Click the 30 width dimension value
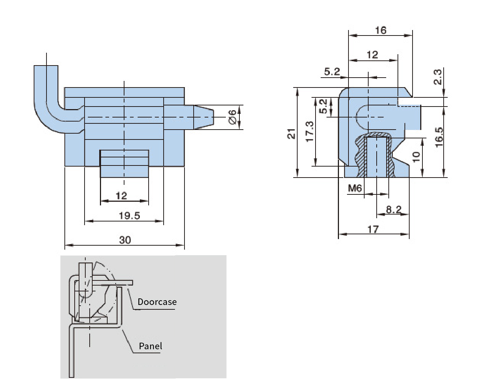click(x=125, y=240)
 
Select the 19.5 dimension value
click(x=129, y=216)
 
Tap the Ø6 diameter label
click(x=232, y=117)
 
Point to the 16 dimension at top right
click(x=381, y=30)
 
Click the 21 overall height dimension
click(x=291, y=134)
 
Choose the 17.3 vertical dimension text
click(x=309, y=132)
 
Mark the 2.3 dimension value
click(x=437, y=77)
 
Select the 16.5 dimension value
click(x=439, y=137)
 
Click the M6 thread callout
click(x=355, y=188)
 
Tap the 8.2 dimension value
click(x=394, y=209)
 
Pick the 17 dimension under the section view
click(x=373, y=229)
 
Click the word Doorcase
click(x=157, y=302)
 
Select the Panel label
click(x=150, y=346)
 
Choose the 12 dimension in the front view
click(x=121, y=196)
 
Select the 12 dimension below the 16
click(x=372, y=55)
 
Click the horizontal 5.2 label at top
click(x=332, y=71)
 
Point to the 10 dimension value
click(x=416, y=157)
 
